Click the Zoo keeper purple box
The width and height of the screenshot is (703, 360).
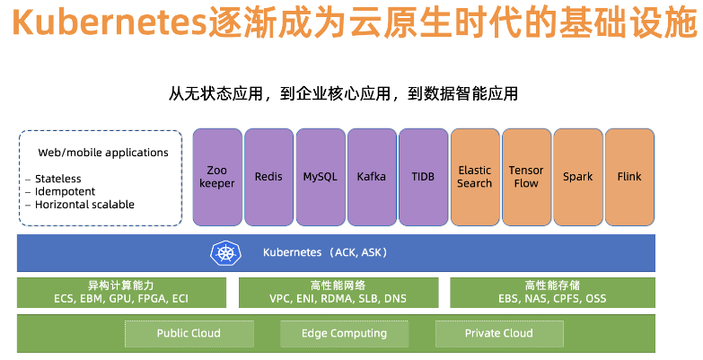point(217,177)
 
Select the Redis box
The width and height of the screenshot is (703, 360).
point(268,177)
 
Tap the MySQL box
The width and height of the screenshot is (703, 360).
point(321,177)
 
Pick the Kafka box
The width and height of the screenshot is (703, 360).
point(371,177)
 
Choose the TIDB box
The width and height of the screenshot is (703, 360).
point(423,177)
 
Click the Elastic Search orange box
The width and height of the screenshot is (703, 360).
point(475,177)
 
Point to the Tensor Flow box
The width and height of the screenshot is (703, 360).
point(526,177)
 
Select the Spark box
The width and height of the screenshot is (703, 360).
point(577,177)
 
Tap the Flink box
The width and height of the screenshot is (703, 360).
point(629,177)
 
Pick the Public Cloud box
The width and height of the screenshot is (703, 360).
point(189,333)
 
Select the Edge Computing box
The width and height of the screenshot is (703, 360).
point(344,333)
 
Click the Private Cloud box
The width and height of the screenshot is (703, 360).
point(499,333)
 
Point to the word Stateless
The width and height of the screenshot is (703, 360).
point(58,179)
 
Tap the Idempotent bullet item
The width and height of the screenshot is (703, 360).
point(65,191)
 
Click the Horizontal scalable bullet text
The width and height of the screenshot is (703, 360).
point(84,204)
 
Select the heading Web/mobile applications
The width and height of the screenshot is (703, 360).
point(103,153)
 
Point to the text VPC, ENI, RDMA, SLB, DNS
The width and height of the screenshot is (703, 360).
point(338,299)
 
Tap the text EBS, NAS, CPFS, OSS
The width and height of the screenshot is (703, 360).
point(552,299)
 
